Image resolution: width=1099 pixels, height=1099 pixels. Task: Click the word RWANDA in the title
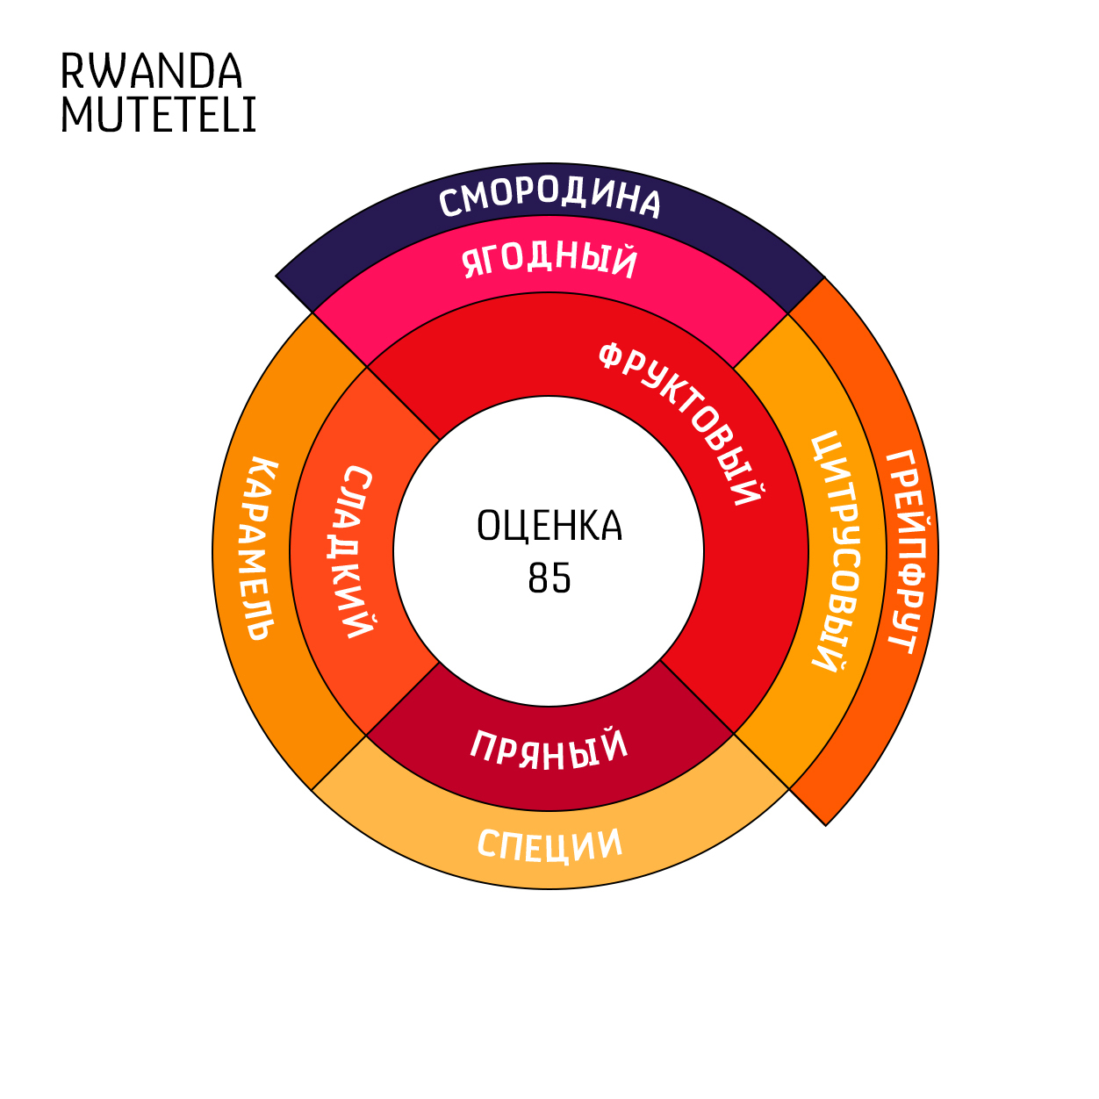coord(151,72)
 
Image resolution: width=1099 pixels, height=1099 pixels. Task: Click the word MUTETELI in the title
coord(158,115)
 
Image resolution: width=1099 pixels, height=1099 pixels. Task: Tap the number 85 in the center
coord(549,578)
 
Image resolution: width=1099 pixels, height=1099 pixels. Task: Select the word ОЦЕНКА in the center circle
coord(549,526)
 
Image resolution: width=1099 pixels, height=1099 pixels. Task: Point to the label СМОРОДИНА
coord(549,198)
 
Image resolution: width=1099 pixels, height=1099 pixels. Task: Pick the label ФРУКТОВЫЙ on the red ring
coord(681,421)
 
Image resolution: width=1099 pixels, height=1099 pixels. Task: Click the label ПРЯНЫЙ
coord(549,750)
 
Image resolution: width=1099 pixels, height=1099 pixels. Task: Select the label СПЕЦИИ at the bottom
coord(549,845)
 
